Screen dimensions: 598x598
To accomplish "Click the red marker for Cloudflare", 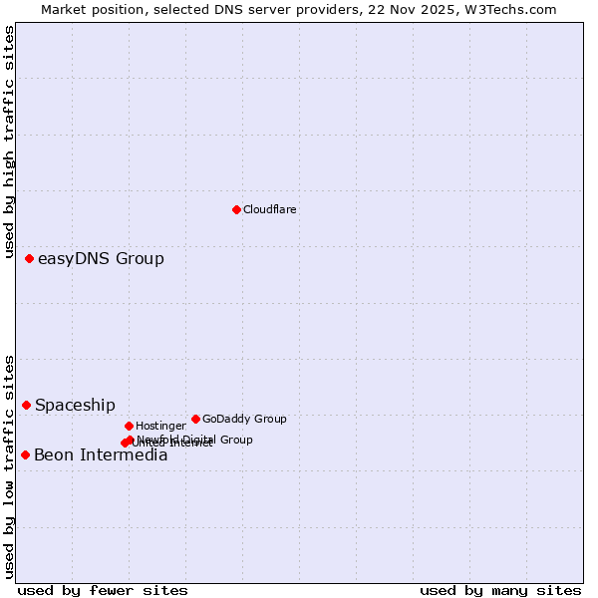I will click(x=236, y=209).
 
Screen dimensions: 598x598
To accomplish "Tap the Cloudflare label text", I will click(x=270, y=210).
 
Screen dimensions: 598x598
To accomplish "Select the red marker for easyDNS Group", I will click(x=29, y=258).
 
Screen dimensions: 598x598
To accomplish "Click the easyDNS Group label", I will click(x=101, y=259).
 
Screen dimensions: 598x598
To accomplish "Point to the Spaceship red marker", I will click(x=26, y=405).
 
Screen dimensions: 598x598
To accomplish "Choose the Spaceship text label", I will click(x=75, y=406).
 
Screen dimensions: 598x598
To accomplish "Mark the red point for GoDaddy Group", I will click(x=195, y=419).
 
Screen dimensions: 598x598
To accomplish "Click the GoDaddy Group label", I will click(x=244, y=420).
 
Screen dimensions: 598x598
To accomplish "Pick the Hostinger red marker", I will click(x=129, y=426).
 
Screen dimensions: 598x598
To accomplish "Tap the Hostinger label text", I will click(x=160, y=427).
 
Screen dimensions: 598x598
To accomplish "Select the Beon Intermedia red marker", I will click(x=25, y=454).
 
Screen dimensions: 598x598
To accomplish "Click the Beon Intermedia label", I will click(x=101, y=455).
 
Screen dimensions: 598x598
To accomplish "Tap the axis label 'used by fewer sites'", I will click(x=103, y=590).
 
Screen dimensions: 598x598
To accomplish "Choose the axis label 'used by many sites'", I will click(x=500, y=590).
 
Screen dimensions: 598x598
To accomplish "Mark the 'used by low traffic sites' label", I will click(x=9, y=466).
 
